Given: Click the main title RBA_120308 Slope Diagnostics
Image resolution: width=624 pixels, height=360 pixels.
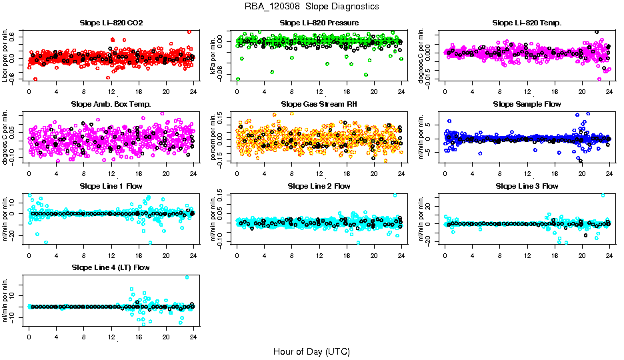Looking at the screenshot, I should coord(311,6).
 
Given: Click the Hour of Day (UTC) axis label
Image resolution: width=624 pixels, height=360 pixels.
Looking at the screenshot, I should coord(311,351).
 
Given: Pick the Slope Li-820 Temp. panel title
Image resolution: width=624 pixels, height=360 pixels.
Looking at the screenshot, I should coord(527,23).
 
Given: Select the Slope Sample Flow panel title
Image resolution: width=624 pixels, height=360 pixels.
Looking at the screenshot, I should coord(527,104).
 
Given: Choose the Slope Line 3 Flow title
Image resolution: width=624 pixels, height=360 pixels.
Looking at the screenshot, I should coord(527,186).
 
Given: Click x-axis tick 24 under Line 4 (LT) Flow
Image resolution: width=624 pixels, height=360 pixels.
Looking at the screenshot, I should coord(193,337).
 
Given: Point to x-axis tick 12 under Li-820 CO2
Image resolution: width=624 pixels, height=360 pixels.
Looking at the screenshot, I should coord(111,92).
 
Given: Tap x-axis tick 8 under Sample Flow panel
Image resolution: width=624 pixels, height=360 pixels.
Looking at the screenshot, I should coord(500,173).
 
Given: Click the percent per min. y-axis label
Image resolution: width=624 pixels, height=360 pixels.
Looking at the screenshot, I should coord(214,137).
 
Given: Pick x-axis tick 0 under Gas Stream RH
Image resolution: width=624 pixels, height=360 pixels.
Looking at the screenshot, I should coord(237,173).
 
